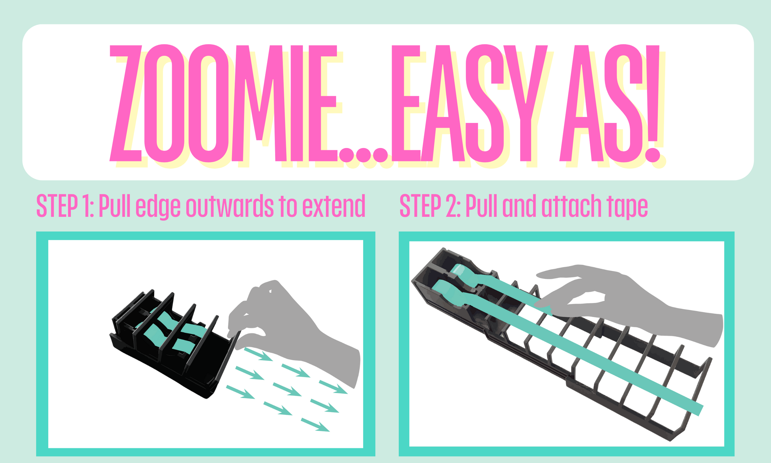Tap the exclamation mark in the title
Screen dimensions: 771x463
point(652,103)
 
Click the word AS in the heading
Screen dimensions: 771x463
point(601,103)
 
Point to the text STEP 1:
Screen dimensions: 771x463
point(65,206)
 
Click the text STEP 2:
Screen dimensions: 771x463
point(430,206)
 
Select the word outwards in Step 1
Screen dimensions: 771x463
point(230,206)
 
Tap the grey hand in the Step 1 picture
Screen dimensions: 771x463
point(293,331)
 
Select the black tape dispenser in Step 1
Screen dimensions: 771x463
point(175,343)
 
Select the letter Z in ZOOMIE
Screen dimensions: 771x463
point(126,103)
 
